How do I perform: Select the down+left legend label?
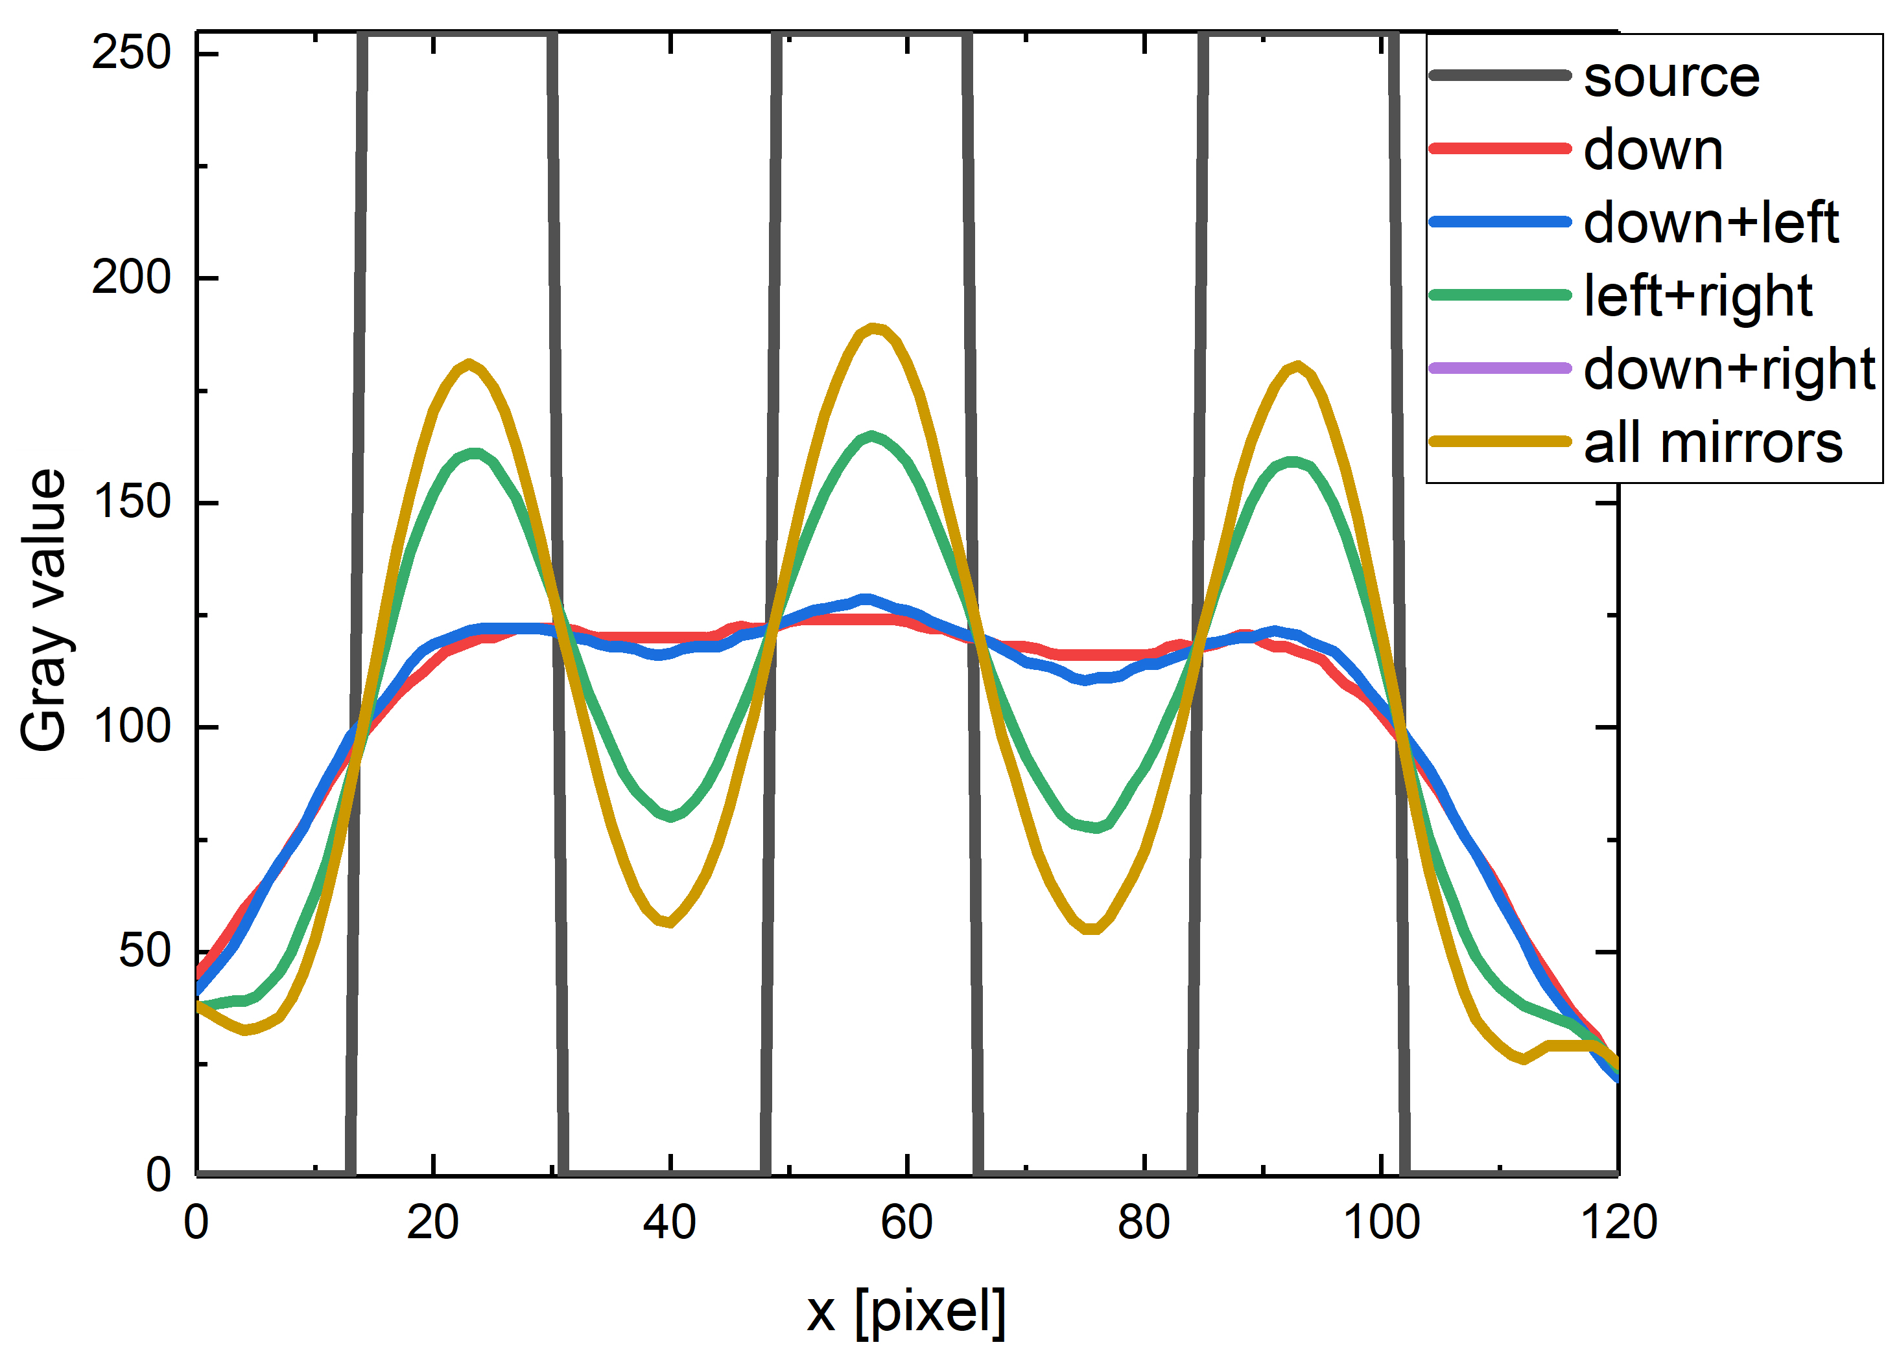(x=1710, y=224)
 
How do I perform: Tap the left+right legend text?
(x=1697, y=296)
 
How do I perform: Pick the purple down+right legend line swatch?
(x=1500, y=368)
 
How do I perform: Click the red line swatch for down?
(x=1500, y=149)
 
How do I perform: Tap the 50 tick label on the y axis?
(x=144, y=952)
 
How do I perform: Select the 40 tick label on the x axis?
(x=669, y=1223)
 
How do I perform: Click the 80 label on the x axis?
(x=1143, y=1223)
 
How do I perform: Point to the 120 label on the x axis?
(x=1618, y=1223)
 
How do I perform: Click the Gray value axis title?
(x=43, y=611)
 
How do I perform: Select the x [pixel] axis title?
(x=906, y=1311)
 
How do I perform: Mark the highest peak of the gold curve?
(x=873, y=328)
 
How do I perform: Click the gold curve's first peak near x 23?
(x=469, y=363)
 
